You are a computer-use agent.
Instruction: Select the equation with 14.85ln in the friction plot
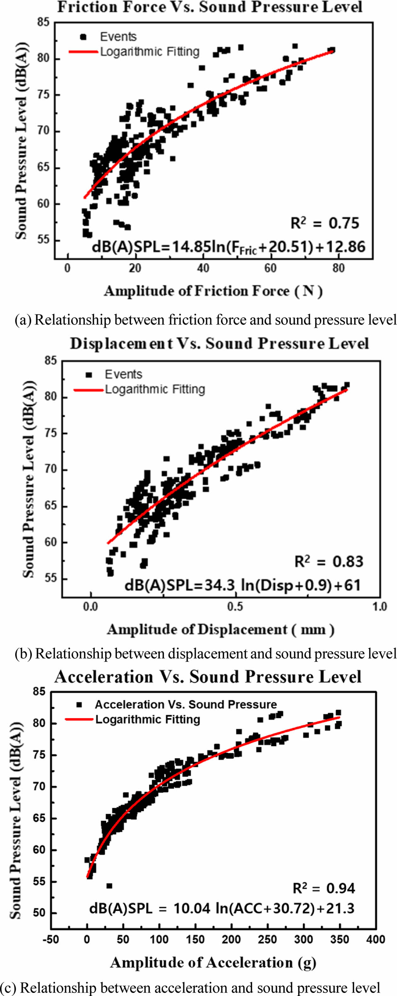pyautogui.click(x=228, y=247)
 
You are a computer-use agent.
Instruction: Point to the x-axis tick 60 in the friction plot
pyautogui.click(x=270, y=268)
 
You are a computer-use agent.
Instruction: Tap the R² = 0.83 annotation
pyautogui.click(x=329, y=561)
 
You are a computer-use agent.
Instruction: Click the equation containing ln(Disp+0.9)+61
pyautogui.click(x=242, y=585)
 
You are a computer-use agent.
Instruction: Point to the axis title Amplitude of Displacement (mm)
pyautogui.click(x=221, y=629)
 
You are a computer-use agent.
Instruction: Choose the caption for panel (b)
pyautogui.click(x=205, y=653)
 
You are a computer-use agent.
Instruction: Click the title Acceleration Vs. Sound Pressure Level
pyautogui.click(x=208, y=677)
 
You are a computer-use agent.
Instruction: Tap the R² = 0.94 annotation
pyautogui.click(x=324, y=889)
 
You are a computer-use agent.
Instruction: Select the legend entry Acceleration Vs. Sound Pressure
pyautogui.click(x=186, y=704)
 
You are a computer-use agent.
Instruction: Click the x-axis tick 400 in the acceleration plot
pyautogui.click(x=375, y=940)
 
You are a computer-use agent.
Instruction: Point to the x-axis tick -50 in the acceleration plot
pyautogui.click(x=51, y=940)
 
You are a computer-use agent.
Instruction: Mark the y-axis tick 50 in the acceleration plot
pyautogui.click(x=39, y=913)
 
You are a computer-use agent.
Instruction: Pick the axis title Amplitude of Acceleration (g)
pyautogui.click(x=213, y=963)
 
